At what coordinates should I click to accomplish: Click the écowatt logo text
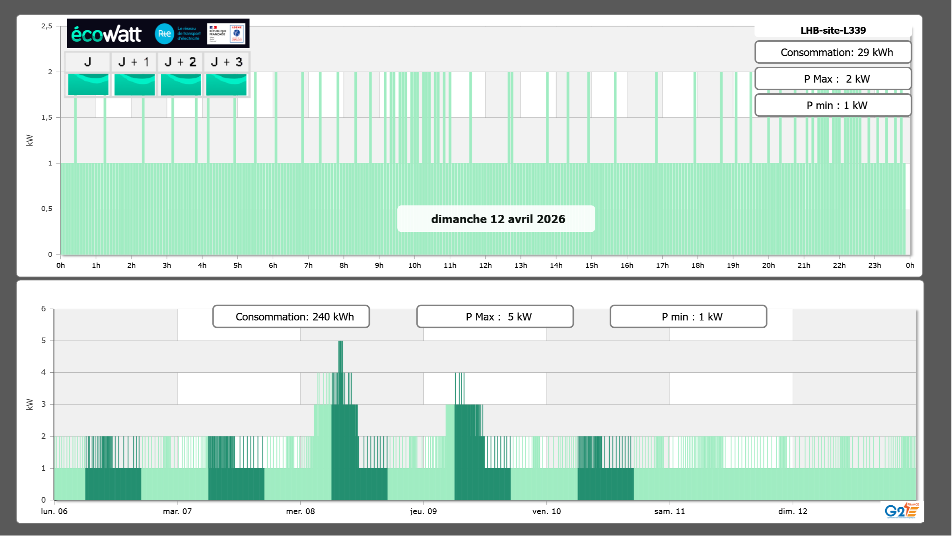106,34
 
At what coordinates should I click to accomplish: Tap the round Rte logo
164,34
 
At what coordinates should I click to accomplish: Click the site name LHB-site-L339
833,30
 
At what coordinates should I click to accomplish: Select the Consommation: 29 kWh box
833,52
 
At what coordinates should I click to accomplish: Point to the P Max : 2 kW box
833,79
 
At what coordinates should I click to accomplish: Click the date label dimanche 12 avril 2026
498,219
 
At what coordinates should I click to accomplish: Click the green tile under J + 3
226,84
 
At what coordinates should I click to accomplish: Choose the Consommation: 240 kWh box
291,317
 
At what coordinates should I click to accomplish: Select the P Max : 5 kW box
495,317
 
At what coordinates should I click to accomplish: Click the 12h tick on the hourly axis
485,265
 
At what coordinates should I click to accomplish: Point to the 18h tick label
698,265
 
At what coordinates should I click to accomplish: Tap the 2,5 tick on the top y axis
47,26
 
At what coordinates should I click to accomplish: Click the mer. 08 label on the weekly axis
300,511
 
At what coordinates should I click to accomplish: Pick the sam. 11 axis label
670,511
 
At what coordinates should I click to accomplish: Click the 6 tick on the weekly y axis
44,309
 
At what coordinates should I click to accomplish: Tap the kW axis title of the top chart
30,140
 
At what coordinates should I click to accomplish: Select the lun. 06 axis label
54,511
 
